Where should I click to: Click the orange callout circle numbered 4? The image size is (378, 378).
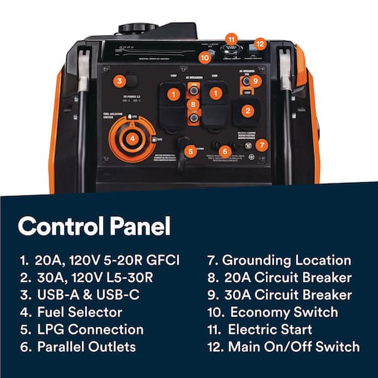pyautogui.click(x=132, y=139)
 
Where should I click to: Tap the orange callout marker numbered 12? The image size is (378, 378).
pyautogui.click(x=260, y=44)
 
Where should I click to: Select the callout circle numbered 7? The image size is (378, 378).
pyautogui.click(x=263, y=144)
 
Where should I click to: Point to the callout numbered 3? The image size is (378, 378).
pyautogui.click(x=119, y=81)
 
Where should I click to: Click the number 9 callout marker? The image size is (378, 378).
pyautogui.click(x=255, y=81)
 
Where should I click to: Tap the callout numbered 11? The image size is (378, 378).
pyautogui.click(x=232, y=39)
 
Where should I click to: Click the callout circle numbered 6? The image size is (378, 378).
pyautogui.click(x=226, y=151)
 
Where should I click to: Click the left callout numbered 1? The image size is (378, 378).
pyautogui.click(x=169, y=93)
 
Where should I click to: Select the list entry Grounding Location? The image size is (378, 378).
pyautogui.click(x=287, y=260)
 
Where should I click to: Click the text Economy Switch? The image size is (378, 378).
pyautogui.click(x=283, y=312)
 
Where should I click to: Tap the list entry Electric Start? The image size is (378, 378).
pyautogui.click(x=277, y=329)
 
